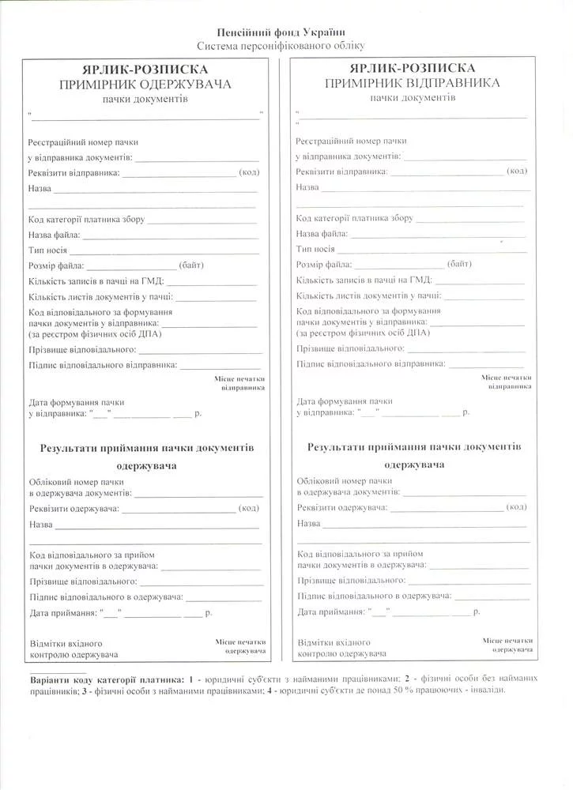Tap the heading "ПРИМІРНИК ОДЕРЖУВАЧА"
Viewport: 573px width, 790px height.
coord(144,85)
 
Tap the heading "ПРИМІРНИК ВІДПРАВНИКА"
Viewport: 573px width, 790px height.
coord(411,82)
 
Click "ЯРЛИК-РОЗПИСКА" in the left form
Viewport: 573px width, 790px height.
coord(144,70)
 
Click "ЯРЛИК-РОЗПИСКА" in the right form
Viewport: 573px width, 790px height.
coord(411,68)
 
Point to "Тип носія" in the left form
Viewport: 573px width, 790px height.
coord(47,250)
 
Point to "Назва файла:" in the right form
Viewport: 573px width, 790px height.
coord(322,234)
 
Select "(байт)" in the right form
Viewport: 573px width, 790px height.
coord(459,263)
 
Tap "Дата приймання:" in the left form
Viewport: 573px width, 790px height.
coord(64,612)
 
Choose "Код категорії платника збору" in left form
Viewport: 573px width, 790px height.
coord(86,220)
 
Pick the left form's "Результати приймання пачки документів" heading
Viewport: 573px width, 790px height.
coord(147,447)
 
